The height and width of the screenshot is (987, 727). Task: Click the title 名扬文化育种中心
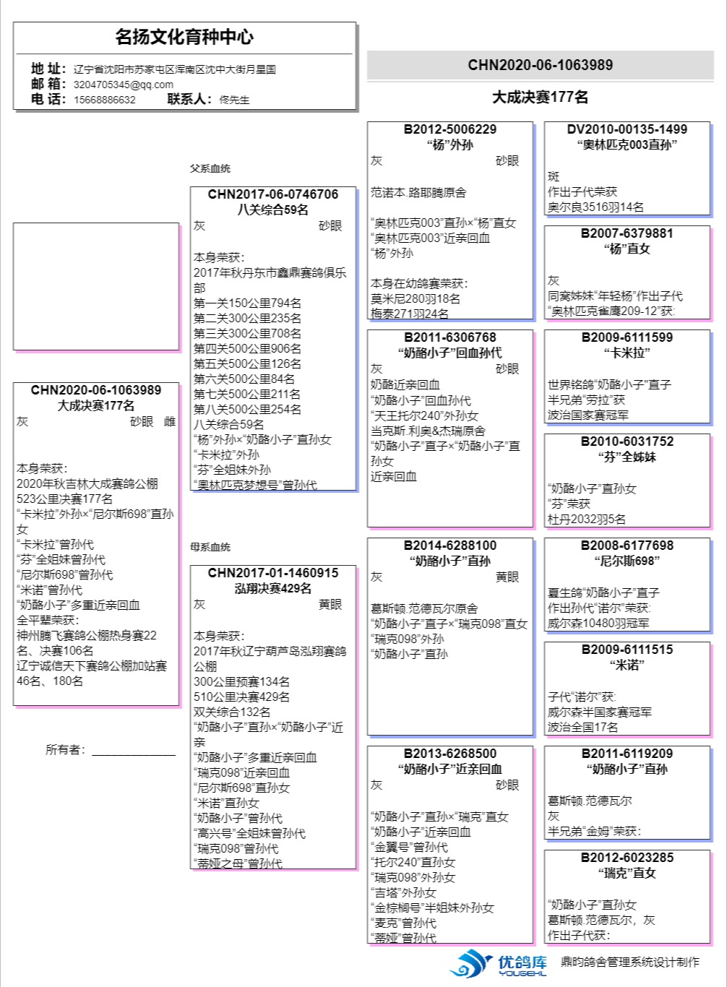[184, 37]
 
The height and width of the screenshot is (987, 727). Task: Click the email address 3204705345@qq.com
[123, 85]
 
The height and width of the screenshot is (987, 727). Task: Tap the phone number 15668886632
[104, 100]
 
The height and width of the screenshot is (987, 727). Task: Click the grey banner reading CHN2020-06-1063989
[540, 65]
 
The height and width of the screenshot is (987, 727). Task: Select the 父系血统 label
[210, 168]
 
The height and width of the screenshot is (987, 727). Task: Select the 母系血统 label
[210, 547]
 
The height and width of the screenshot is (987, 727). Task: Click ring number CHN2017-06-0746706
[272, 194]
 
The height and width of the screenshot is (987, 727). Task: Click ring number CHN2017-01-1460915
[272, 573]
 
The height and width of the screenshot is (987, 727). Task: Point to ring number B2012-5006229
[449, 129]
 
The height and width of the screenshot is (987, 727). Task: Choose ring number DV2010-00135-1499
[627, 129]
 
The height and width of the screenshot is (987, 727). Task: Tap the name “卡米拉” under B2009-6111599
[627, 353]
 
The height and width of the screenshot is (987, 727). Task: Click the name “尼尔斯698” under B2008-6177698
[627, 561]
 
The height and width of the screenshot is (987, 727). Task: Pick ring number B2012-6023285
[627, 858]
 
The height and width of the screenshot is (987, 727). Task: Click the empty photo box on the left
[95, 286]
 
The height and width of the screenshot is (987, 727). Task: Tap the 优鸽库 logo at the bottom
[499, 963]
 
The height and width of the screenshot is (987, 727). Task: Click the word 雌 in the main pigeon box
[170, 421]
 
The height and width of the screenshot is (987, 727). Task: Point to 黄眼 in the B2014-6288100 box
[507, 577]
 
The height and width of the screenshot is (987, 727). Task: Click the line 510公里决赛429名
[241, 697]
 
